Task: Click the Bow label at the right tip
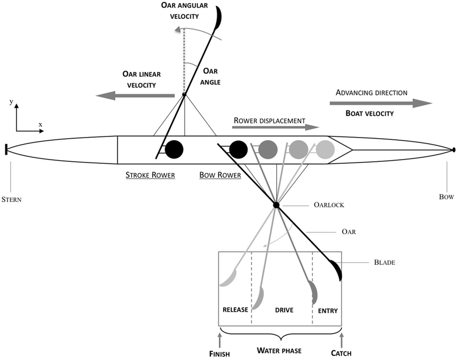(446, 197)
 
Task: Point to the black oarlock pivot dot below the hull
(276, 205)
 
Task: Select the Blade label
(384, 263)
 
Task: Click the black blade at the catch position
(337, 270)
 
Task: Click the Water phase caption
(279, 351)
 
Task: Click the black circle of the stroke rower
(174, 149)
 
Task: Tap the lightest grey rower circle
(325, 149)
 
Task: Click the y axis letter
(11, 101)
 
